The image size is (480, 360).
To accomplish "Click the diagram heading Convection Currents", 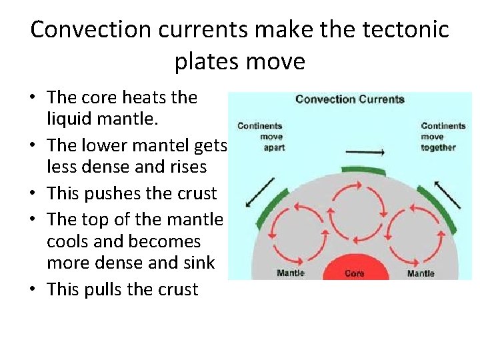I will [x=349, y=99].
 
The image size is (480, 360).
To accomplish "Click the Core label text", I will [x=355, y=273].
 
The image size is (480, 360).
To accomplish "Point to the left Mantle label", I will [x=291, y=273].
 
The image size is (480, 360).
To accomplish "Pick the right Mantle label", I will [x=421, y=273].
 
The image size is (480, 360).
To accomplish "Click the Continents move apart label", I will [x=261, y=136].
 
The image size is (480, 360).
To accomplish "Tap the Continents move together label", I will [x=443, y=136].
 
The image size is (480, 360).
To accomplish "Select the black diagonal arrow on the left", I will [x=259, y=192].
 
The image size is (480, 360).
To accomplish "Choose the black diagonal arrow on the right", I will [x=447, y=193].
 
